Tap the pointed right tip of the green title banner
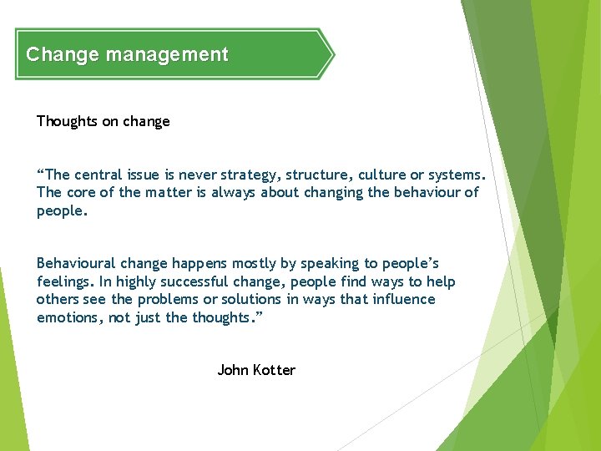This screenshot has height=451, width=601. [332, 55]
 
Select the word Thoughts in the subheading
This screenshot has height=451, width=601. [67, 121]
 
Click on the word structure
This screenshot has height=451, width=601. [316, 175]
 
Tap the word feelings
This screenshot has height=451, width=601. [64, 281]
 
